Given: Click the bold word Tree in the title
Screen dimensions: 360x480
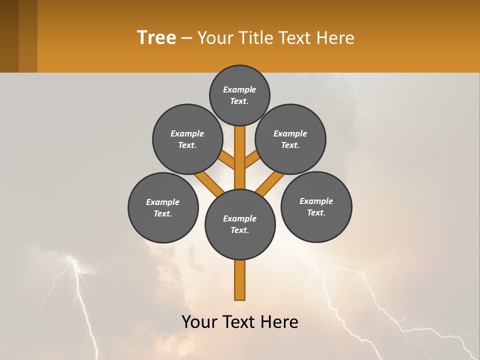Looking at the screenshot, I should [156, 37].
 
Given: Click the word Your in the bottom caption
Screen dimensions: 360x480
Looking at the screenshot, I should [199, 322].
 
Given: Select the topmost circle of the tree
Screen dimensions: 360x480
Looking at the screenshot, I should [239, 95].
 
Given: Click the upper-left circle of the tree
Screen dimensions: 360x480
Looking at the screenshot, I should [187, 139].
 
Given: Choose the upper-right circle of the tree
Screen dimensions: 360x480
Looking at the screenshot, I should [290, 139].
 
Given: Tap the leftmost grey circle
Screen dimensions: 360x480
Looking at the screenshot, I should [163, 207].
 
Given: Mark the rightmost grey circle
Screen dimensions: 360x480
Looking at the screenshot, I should [316, 206].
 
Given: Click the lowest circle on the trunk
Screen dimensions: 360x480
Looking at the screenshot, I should [240, 224].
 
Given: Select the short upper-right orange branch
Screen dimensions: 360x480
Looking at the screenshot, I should [252, 160].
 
